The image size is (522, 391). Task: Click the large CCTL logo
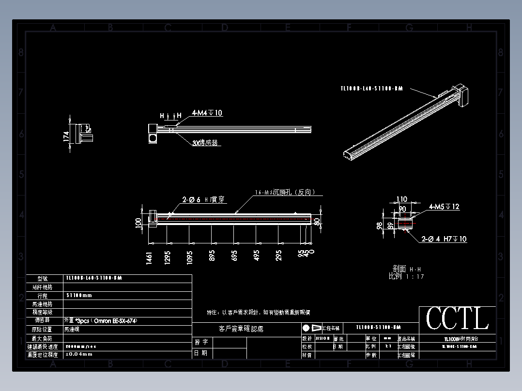click(457, 319)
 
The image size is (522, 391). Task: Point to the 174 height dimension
click(66, 136)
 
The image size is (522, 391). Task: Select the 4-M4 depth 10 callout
click(207, 113)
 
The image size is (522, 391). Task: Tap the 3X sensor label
click(205, 143)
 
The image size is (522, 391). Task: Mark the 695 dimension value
click(234, 256)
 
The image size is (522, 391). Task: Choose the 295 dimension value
click(278, 256)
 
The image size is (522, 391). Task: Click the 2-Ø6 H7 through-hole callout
click(203, 199)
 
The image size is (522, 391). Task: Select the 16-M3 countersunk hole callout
click(286, 192)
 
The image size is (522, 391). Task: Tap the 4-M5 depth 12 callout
click(444, 207)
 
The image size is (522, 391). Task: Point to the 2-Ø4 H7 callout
click(444, 239)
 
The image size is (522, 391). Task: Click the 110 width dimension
click(402, 199)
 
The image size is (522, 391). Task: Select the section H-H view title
click(406, 269)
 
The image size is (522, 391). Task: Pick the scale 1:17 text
click(406, 276)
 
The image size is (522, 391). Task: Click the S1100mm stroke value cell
click(79, 295)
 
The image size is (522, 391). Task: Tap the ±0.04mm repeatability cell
click(79, 355)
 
